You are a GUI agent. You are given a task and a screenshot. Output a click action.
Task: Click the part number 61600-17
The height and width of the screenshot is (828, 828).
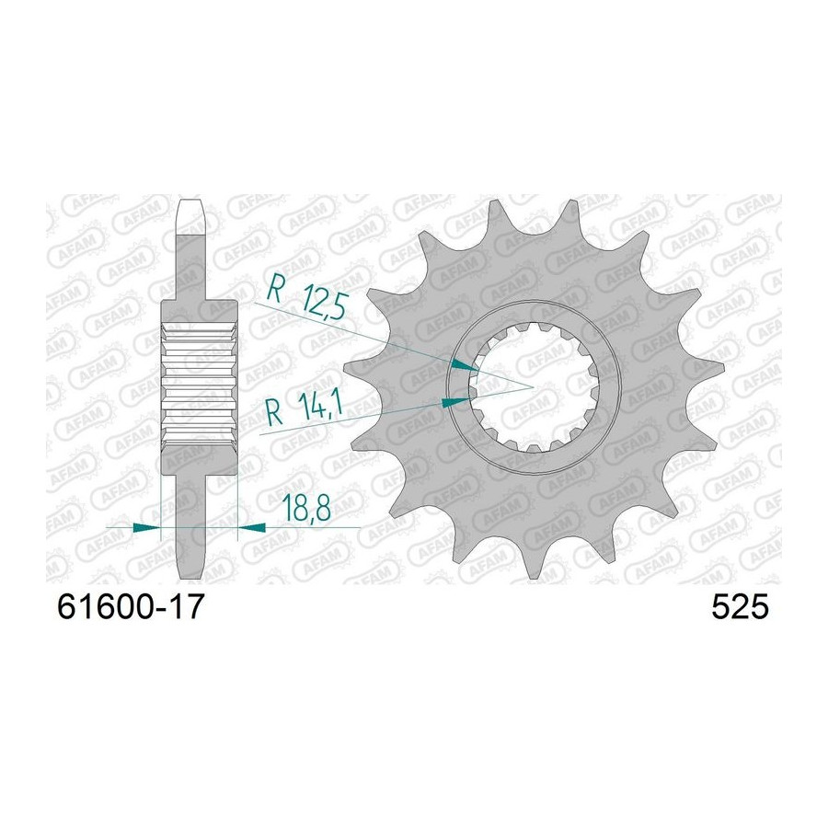pos(130,607)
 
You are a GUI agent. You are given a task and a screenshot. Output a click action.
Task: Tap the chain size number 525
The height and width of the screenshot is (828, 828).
pos(740,607)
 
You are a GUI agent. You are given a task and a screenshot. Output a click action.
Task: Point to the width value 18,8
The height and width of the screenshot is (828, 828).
pos(306,508)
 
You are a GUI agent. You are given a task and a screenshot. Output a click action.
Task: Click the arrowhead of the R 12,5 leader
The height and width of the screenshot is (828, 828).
pos(464,365)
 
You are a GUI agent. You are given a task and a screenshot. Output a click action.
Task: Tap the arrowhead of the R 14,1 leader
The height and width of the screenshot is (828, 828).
pos(454,402)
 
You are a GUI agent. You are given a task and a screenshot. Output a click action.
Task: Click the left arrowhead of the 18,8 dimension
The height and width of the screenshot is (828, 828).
pos(146,527)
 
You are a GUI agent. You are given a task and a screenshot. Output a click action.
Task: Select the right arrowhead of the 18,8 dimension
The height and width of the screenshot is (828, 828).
pos(252,527)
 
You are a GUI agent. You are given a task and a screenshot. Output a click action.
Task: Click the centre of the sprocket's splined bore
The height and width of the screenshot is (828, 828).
pos(534,387)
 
